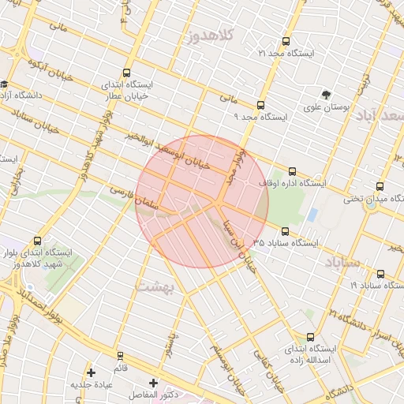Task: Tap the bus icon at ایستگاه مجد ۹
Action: pos(261,105)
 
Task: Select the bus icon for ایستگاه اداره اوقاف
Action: pos(293,171)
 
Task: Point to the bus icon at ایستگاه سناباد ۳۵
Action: pos(285,231)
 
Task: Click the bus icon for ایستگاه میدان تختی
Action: pos(380,187)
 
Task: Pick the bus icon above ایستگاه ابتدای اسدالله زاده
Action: pos(310,337)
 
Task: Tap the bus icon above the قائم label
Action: pos(120,356)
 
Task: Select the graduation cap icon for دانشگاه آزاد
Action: pos(5,84)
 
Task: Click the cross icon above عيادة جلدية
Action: pos(92,372)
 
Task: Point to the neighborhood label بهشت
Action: pos(155,286)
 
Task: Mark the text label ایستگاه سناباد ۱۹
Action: pos(376,284)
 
